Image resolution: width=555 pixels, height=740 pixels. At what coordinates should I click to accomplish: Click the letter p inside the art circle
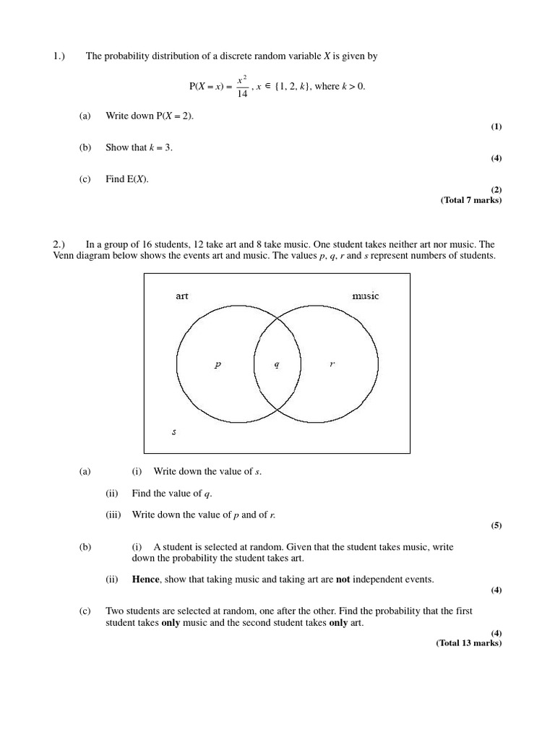(218, 365)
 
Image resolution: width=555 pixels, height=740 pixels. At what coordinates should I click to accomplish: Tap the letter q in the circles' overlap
(277, 364)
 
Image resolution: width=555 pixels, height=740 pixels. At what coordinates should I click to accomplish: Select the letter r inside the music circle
(332, 364)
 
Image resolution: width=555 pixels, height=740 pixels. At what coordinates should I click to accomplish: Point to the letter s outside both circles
(174, 432)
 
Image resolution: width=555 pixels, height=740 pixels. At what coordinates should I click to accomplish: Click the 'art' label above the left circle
(182, 296)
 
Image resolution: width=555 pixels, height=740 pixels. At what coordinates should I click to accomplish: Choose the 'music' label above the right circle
(365, 296)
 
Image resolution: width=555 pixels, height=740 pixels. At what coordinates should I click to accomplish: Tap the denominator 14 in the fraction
(242, 94)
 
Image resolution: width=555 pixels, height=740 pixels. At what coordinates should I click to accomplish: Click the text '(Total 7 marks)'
(470, 200)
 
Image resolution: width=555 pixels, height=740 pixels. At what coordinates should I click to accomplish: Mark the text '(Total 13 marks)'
(468, 643)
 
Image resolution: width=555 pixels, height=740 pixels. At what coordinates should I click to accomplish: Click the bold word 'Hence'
(145, 580)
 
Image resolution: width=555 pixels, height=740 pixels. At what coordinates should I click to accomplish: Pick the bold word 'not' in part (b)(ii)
(343, 580)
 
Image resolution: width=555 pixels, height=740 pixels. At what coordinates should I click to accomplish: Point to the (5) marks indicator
(496, 525)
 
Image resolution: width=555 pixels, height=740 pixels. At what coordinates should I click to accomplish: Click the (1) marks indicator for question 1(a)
(496, 126)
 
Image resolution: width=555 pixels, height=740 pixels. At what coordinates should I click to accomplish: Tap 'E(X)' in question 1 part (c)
(137, 179)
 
